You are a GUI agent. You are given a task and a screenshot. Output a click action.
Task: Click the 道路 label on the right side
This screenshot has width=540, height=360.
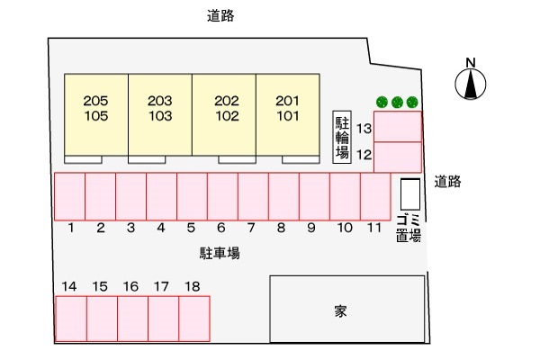click(x=446, y=181)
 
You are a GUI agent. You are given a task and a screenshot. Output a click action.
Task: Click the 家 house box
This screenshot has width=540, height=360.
click(x=347, y=310)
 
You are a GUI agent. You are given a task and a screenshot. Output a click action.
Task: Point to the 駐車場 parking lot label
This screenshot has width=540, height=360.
click(x=220, y=254)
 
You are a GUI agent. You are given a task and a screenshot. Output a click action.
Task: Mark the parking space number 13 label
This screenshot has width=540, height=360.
click(x=364, y=129)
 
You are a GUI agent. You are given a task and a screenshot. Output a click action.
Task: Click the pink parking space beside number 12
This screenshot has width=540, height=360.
click(x=397, y=157)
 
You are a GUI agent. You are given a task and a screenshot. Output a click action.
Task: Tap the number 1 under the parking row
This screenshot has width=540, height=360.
click(x=69, y=229)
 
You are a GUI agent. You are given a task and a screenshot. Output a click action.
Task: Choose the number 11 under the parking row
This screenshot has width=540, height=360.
click(x=373, y=229)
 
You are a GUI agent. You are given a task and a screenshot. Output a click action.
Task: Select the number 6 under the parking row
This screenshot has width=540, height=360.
click(x=221, y=229)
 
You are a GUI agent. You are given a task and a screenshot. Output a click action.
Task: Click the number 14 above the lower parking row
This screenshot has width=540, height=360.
click(x=69, y=286)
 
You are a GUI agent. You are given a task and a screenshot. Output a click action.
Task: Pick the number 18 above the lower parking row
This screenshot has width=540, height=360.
click(x=192, y=286)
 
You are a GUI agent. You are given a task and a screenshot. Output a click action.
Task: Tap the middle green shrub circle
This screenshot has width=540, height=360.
click(x=396, y=103)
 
